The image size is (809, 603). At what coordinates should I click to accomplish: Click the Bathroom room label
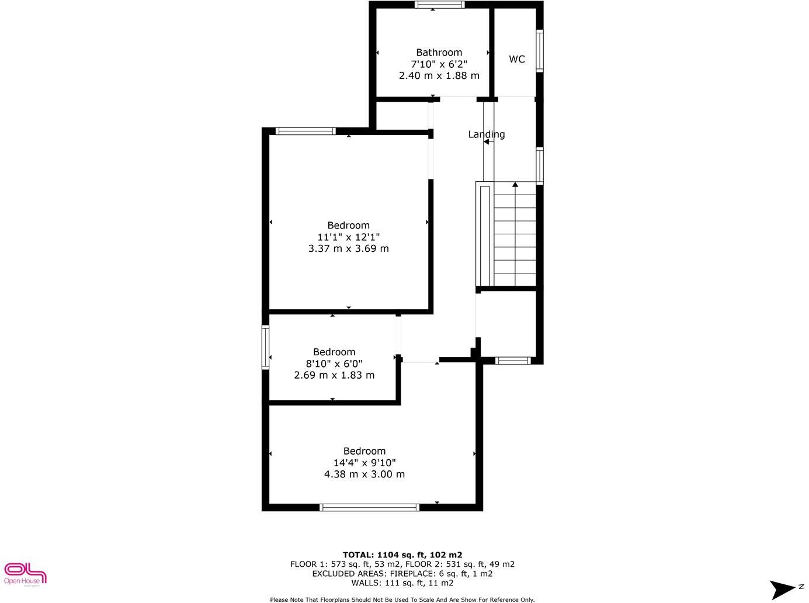pos(439,53)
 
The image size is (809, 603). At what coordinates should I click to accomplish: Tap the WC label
pos(517,59)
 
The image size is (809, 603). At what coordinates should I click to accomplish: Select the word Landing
pos(487,134)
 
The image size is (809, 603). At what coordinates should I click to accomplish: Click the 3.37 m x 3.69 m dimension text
pos(348,248)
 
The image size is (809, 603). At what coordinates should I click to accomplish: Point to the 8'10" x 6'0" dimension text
pos(334,363)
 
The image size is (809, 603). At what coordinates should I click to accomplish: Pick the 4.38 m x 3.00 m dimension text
pos(364,474)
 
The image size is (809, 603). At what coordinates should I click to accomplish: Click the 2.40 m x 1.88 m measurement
pos(439,75)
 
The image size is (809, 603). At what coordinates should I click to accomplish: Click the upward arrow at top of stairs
pos(515,185)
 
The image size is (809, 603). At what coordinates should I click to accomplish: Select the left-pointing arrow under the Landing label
pos(486,142)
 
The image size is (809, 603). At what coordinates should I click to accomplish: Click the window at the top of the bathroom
pos(439,5)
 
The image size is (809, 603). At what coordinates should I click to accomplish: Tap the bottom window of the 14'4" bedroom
pos(370,507)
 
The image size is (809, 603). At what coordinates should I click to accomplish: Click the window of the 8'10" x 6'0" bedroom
pos(265,347)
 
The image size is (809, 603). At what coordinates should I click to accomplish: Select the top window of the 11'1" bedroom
pos(305,131)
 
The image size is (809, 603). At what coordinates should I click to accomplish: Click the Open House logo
pos(25,573)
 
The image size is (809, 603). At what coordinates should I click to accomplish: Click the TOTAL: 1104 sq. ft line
pos(402,555)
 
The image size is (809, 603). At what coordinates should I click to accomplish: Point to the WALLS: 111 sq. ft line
pos(402,583)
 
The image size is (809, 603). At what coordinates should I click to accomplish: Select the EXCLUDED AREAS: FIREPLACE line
pos(402,573)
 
